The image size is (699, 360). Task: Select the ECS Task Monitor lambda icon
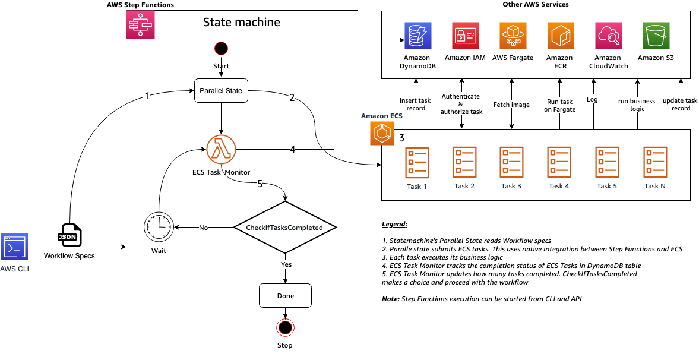[221, 149]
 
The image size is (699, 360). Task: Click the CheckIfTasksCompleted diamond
[284, 227]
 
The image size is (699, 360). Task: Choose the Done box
[285, 295]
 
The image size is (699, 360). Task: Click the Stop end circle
[285, 327]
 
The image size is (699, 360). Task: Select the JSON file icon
[71, 235]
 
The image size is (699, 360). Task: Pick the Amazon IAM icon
[465, 36]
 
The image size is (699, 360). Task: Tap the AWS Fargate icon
[513, 36]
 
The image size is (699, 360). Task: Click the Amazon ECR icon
[559, 36]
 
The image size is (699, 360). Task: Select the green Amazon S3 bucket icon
[656, 36]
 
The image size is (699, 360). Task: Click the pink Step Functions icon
[140, 25]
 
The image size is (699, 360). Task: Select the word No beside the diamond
[204, 227]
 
